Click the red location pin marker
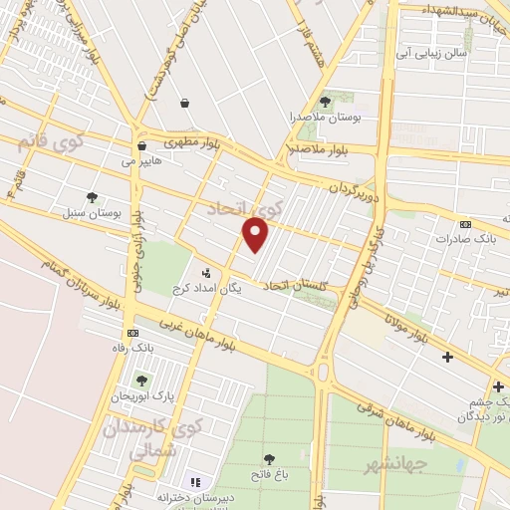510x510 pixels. (x=256, y=234)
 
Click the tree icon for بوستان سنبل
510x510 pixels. (x=93, y=197)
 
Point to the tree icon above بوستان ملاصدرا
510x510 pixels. (x=325, y=102)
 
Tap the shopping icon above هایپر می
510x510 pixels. (x=141, y=144)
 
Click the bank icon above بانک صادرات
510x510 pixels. (x=466, y=224)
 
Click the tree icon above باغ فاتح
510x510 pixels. (x=269, y=459)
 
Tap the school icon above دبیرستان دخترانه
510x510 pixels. (x=196, y=482)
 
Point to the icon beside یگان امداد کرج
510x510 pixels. (x=206, y=273)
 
